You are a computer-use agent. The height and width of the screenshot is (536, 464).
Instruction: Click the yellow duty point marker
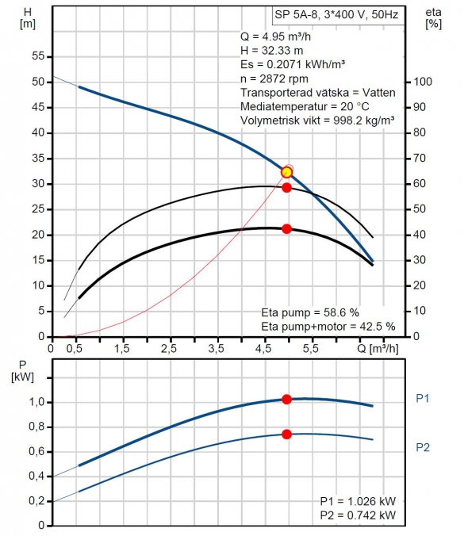tap(286, 172)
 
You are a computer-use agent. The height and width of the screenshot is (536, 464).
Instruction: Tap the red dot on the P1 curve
tap(286, 400)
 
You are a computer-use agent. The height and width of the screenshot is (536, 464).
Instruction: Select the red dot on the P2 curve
tap(286, 435)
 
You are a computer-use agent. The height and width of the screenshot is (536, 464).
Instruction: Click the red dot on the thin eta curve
tap(286, 187)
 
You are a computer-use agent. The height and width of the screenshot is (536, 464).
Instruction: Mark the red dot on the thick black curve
tap(286, 228)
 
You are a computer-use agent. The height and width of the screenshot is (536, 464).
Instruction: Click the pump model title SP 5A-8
tap(296, 15)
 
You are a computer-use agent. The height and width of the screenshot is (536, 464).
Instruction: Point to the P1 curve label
tap(422, 398)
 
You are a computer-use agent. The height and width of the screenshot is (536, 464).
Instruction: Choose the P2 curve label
tap(422, 447)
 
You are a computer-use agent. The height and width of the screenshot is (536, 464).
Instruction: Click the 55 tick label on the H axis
tap(38, 56)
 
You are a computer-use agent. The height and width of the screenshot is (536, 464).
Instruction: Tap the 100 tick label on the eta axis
tap(423, 82)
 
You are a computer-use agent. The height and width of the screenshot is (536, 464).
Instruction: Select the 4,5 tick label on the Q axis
tap(263, 348)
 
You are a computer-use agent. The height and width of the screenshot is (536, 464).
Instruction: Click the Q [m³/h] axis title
tap(378, 348)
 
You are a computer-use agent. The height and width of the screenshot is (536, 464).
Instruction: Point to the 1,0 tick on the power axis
tap(37, 402)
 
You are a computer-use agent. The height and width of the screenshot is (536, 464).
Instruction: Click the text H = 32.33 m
tap(272, 51)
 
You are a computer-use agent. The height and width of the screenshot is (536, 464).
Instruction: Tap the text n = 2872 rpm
tap(274, 78)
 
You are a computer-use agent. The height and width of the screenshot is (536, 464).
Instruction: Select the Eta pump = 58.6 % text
tap(310, 312)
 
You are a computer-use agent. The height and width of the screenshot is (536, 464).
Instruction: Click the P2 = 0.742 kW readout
tap(358, 515)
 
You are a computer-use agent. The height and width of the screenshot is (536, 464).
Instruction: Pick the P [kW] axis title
tap(22, 371)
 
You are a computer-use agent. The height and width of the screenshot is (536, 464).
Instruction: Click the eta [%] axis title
tap(433, 18)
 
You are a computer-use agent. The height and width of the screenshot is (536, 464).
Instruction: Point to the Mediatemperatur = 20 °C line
tap(305, 106)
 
